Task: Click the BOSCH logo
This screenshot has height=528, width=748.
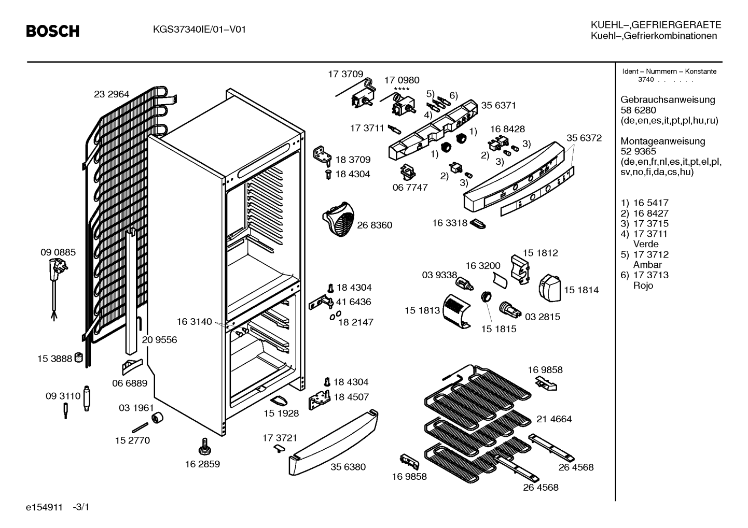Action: click(53, 31)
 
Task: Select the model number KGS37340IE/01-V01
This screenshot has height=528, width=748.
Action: click(199, 30)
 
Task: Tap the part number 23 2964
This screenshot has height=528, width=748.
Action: click(111, 94)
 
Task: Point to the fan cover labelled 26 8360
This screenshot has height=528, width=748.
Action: click(338, 219)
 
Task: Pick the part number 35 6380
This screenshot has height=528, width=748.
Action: click(348, 467)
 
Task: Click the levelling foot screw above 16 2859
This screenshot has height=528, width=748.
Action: click(205, 447)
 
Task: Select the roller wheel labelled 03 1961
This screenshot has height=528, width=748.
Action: click(157, 418)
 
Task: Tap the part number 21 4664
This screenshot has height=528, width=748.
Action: click(554, 419)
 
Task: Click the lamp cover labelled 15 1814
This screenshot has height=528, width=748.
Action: click(550, 288)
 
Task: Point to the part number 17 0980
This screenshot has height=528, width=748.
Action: click(401, 80)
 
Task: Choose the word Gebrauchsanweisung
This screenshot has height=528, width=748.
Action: click(668, 99)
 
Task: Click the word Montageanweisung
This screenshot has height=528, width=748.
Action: click(663, 141)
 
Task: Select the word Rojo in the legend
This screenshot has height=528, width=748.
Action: click(643, 286)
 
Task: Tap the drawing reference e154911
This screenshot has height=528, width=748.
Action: click(45, 507)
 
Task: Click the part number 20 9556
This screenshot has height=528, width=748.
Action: click(159, 340)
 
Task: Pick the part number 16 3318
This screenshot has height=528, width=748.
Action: click(449, 223)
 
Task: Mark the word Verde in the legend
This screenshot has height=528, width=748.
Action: click(646, 244)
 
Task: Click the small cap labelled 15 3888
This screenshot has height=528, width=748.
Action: click(78, 357)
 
